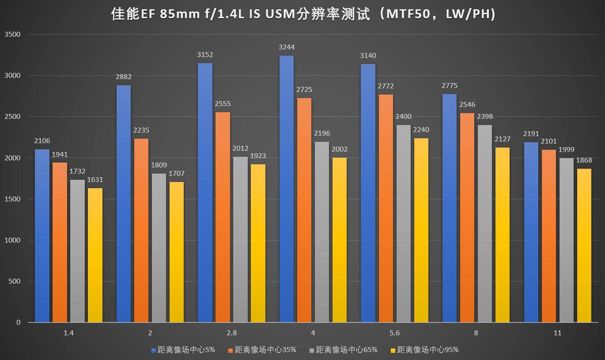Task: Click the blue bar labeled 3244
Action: coord(287,189)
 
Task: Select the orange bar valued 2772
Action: coord(386,208)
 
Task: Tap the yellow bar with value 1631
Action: coord(95,255)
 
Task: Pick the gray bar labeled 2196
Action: coord(322,232)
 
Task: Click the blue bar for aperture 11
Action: coord(531,232)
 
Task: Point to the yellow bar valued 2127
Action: coord(503,235)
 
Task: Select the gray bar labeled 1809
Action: coord(159,248)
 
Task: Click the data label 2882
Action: coord(123,77)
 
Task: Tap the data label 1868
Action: coord(584,160)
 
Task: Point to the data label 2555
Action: coord(223,104)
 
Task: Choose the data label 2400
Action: coord(403,117)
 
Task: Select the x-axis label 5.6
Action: coord(395,333)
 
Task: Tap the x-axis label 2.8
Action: coord(231,333)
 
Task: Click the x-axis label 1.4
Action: coord(68,333)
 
